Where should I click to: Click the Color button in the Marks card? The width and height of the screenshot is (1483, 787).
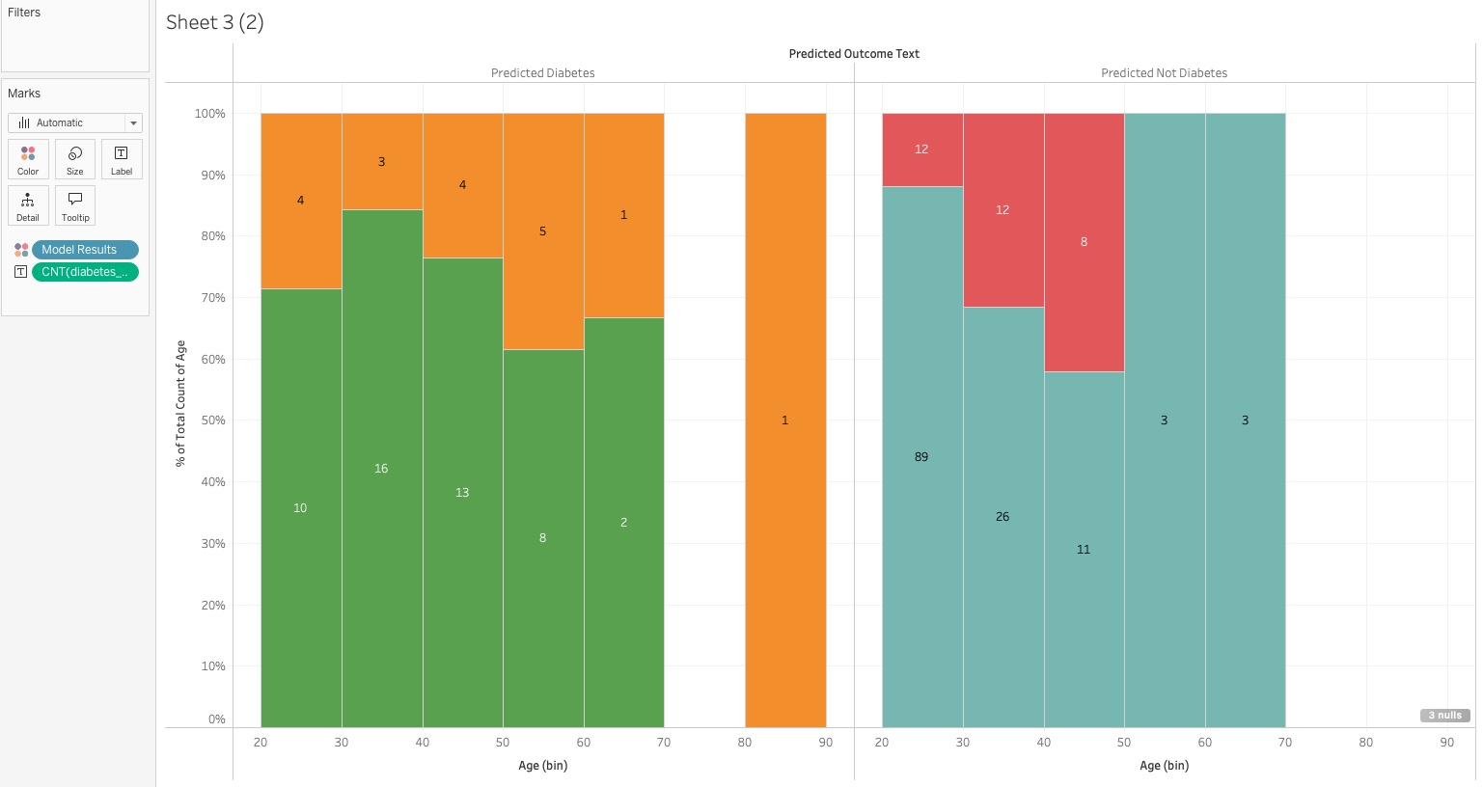pos(28,159)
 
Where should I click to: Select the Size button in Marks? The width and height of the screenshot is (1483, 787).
pos(75,159)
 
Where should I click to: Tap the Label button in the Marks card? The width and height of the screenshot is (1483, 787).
pos(122,159)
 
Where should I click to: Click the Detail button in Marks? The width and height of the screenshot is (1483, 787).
pos(28,205)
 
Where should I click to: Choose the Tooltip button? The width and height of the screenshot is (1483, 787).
pos(75,205)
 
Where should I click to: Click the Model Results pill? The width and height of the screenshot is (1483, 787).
pos(85,250)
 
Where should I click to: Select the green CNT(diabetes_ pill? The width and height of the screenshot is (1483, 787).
pos(85,272)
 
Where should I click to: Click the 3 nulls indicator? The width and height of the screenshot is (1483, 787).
pos(1444,716)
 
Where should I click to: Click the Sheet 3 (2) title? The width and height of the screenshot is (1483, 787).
pos(214,23)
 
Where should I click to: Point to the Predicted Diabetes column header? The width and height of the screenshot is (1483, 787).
pos(542,73)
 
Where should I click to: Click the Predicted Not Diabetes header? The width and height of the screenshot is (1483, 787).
pos(1164,73)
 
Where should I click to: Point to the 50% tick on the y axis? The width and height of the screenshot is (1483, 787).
pos(210,421)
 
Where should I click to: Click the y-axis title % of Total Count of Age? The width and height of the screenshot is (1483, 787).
pos(180,404)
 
